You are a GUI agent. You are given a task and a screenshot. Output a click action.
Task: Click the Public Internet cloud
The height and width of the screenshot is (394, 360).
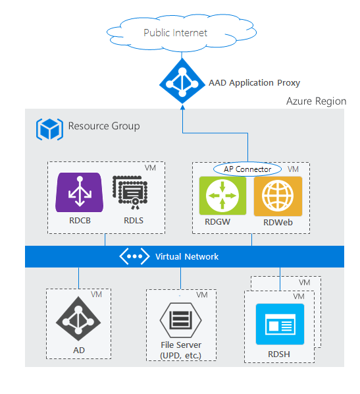(176, 33)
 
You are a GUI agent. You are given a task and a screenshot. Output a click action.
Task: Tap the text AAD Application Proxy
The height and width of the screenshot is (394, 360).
(254, 83)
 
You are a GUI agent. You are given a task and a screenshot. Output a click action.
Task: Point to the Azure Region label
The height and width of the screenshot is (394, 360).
(316, 101)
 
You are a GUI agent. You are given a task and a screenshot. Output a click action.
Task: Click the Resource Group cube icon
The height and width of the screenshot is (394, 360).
(49, 128)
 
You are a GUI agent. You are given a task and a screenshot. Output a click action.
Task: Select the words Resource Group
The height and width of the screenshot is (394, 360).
(104, 126)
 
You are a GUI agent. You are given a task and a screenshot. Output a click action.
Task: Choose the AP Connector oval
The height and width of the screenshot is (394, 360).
(247, 169)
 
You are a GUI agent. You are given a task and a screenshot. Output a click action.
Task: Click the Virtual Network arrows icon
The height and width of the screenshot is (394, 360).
(134, 256)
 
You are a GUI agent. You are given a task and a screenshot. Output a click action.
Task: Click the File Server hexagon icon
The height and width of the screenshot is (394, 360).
(180, 320)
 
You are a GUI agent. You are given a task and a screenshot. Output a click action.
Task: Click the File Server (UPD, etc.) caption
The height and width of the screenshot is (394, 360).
(180, 351)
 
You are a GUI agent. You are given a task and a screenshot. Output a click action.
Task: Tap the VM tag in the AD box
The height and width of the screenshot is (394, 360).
(96, 295)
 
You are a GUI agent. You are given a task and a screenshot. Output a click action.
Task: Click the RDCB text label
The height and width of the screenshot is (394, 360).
(78, 221)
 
